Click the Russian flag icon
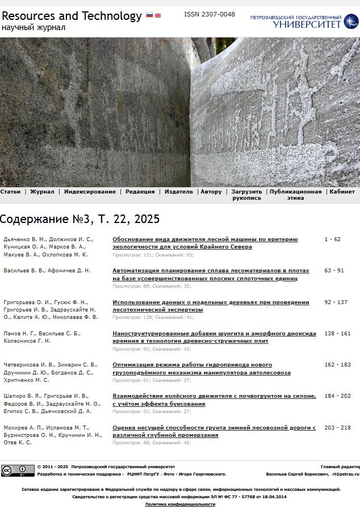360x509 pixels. (x=149, y=15)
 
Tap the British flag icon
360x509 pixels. (x=158, y=15)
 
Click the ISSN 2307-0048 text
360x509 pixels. (x=209, y=14)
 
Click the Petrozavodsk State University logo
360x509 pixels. (x=304, y=22)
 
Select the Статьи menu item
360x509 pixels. (x=10, y=192)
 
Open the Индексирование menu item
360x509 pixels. (x=90, y=192)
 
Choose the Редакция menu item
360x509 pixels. (x=140, y=192)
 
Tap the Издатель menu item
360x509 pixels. (x=179, y=192)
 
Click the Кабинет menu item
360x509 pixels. (x=342, y=192)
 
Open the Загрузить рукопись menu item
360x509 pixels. (x=246, y=195)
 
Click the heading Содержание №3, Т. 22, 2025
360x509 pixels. (x=79, y=219)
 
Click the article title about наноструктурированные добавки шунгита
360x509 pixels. (x=214, y=337)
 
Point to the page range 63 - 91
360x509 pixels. (x=334, y=271)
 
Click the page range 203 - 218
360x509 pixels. (x=337, y=427)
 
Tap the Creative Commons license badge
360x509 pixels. (x=18, y=470)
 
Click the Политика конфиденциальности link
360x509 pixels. (x=180, y=504)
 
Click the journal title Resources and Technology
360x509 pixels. (x=72, y=16)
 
